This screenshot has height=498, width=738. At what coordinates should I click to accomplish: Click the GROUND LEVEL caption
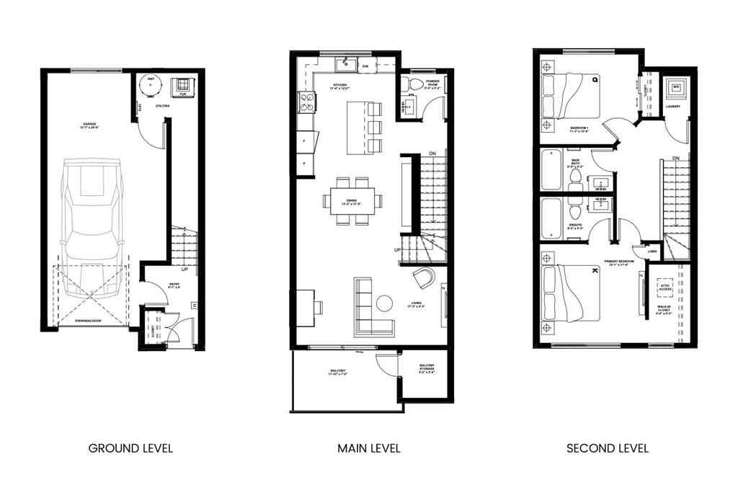coord(130,448)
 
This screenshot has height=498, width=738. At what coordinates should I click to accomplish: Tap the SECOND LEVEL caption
coord(607,448)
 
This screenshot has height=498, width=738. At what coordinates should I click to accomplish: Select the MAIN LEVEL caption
coord(369,448)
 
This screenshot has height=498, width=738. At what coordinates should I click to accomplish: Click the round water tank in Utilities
coord(151,86)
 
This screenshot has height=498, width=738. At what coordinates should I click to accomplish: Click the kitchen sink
coord(343,67)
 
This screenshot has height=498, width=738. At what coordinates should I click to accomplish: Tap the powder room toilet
coord(415,86)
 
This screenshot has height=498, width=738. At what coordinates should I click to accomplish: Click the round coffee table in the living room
coord(384,302)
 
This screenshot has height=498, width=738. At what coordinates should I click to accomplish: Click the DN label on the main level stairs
coord(432,154)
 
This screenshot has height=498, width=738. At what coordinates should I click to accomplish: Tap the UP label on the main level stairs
coord(397,249)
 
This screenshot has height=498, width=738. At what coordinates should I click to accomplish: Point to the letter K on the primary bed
coord(595,271)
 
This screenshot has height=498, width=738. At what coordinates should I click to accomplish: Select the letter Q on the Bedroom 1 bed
coord(595,79)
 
